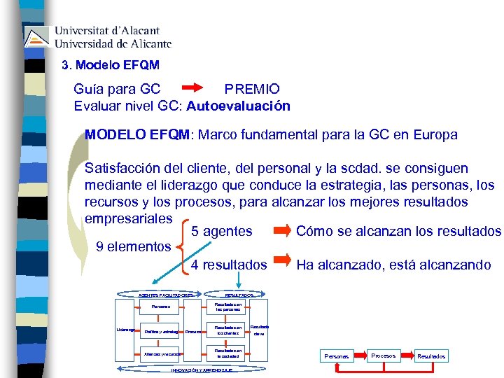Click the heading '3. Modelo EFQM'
(111, 65)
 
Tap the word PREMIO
(251, 89)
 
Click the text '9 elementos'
(133, 246)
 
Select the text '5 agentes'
(222, 231)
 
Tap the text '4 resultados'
(229, 265)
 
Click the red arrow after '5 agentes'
(283, 230)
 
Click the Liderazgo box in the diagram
(125, 330)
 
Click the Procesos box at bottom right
(383, 356)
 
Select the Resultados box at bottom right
(430, 356)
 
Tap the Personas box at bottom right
(337, 356)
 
